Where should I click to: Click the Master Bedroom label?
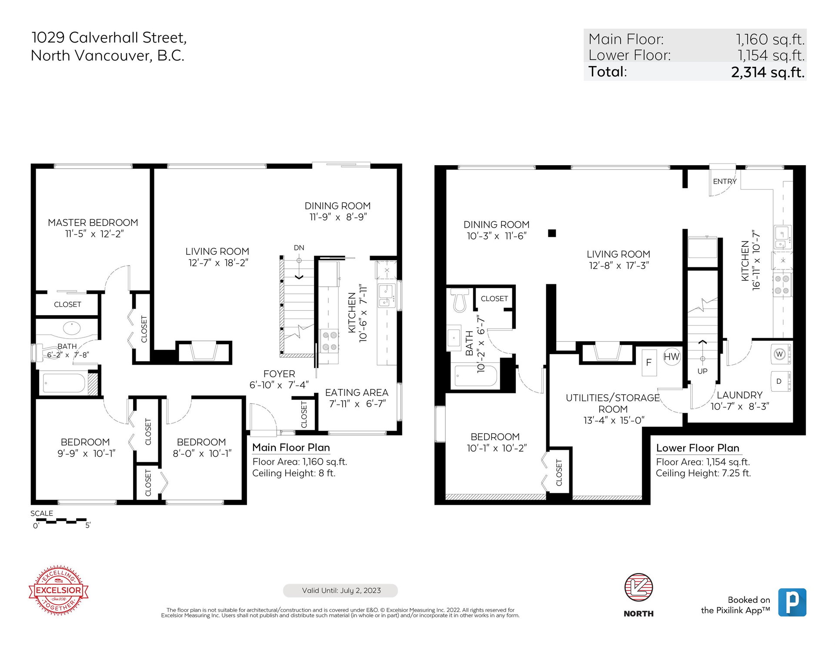click(93, 223)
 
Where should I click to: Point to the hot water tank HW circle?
click(671, 357)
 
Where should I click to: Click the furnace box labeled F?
click(649, 362)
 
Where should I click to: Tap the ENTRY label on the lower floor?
click(725, 181)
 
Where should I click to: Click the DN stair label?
click(299, 248)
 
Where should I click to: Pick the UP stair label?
click(702, 371)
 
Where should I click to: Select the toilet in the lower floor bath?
click(460, 300)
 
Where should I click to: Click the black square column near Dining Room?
click(552, 233)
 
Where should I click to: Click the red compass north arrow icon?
click(638, 587)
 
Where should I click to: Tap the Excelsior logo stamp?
click(58, 590)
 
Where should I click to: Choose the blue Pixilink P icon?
click(792, 602)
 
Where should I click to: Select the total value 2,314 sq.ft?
click(768, 72)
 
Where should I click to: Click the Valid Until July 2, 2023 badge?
click(341, 591)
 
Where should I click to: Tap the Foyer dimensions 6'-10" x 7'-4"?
click(279, 385)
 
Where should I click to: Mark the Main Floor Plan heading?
click(291, 448)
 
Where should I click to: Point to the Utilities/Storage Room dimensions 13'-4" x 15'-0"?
click(614, 420)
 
